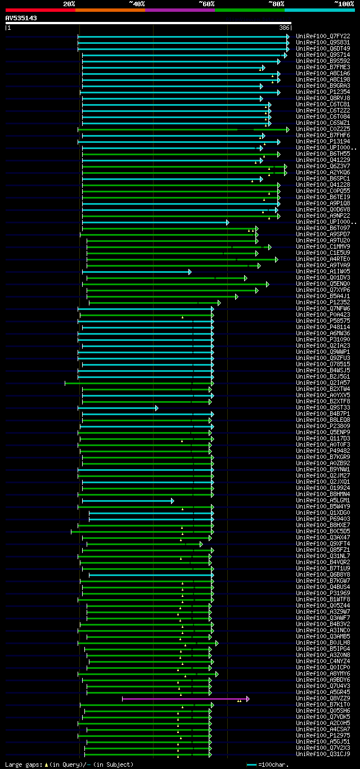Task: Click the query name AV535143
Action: tap(21, 18)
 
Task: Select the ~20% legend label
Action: tap(69, 3)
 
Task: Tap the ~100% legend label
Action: tap(344, 3)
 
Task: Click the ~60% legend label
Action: tap(206, 3)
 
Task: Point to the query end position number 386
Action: tap(284, 28)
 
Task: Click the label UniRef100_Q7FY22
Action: tap(323, 36)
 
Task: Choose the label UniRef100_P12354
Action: tap(323, 92)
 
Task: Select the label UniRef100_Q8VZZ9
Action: tap(323, 698)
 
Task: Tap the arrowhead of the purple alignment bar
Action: tap(247, 699)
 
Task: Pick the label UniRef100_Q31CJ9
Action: tap(323, 754)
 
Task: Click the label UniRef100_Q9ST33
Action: tap(323, 407)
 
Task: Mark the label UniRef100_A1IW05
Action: tap(323, 271)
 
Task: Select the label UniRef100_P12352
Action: tap(323, 302)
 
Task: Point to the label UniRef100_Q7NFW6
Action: tap(323, 308)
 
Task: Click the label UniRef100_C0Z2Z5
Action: tap(323, 129)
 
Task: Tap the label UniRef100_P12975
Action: tap(323, 735)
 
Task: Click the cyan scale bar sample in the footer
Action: tap(251, 764)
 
